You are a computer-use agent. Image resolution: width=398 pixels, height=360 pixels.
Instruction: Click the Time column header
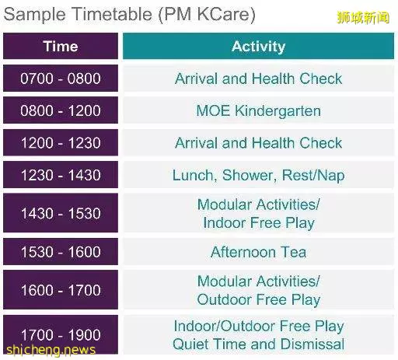pos(61,46)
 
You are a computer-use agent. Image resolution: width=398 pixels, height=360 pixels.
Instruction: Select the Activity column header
pos(258,46)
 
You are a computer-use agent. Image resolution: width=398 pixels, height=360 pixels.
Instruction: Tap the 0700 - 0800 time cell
pos(61,79)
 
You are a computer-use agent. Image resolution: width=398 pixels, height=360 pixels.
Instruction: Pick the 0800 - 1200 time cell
pos(61,110)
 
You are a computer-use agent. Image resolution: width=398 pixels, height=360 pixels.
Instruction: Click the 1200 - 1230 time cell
pos(61,142)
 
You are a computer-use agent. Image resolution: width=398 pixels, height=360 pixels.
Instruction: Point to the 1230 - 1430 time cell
pos(61,175)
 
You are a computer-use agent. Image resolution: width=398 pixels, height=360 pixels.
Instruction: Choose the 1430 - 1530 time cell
pos(61,213)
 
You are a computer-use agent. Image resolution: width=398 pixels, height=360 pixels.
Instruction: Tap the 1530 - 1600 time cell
pos(61,252)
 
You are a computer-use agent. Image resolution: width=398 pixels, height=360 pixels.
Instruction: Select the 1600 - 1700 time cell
pos(61,290)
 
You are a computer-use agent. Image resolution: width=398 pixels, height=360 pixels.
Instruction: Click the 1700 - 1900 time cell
pos(61,334)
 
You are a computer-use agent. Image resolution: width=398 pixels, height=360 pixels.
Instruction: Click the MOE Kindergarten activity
pos(258,111)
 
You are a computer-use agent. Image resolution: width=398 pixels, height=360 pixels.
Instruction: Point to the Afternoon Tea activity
pos(258,252)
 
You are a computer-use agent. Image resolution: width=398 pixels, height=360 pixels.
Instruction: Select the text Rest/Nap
pos(313,176)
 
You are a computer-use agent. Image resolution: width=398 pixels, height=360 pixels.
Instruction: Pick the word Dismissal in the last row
pos(312,344)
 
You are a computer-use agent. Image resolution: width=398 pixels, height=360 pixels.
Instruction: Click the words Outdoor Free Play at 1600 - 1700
pos(259,300)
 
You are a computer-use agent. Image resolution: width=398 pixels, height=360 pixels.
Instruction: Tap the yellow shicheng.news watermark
pos(51,350)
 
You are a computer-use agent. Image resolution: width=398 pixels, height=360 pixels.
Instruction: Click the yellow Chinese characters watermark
pos(363,18)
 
